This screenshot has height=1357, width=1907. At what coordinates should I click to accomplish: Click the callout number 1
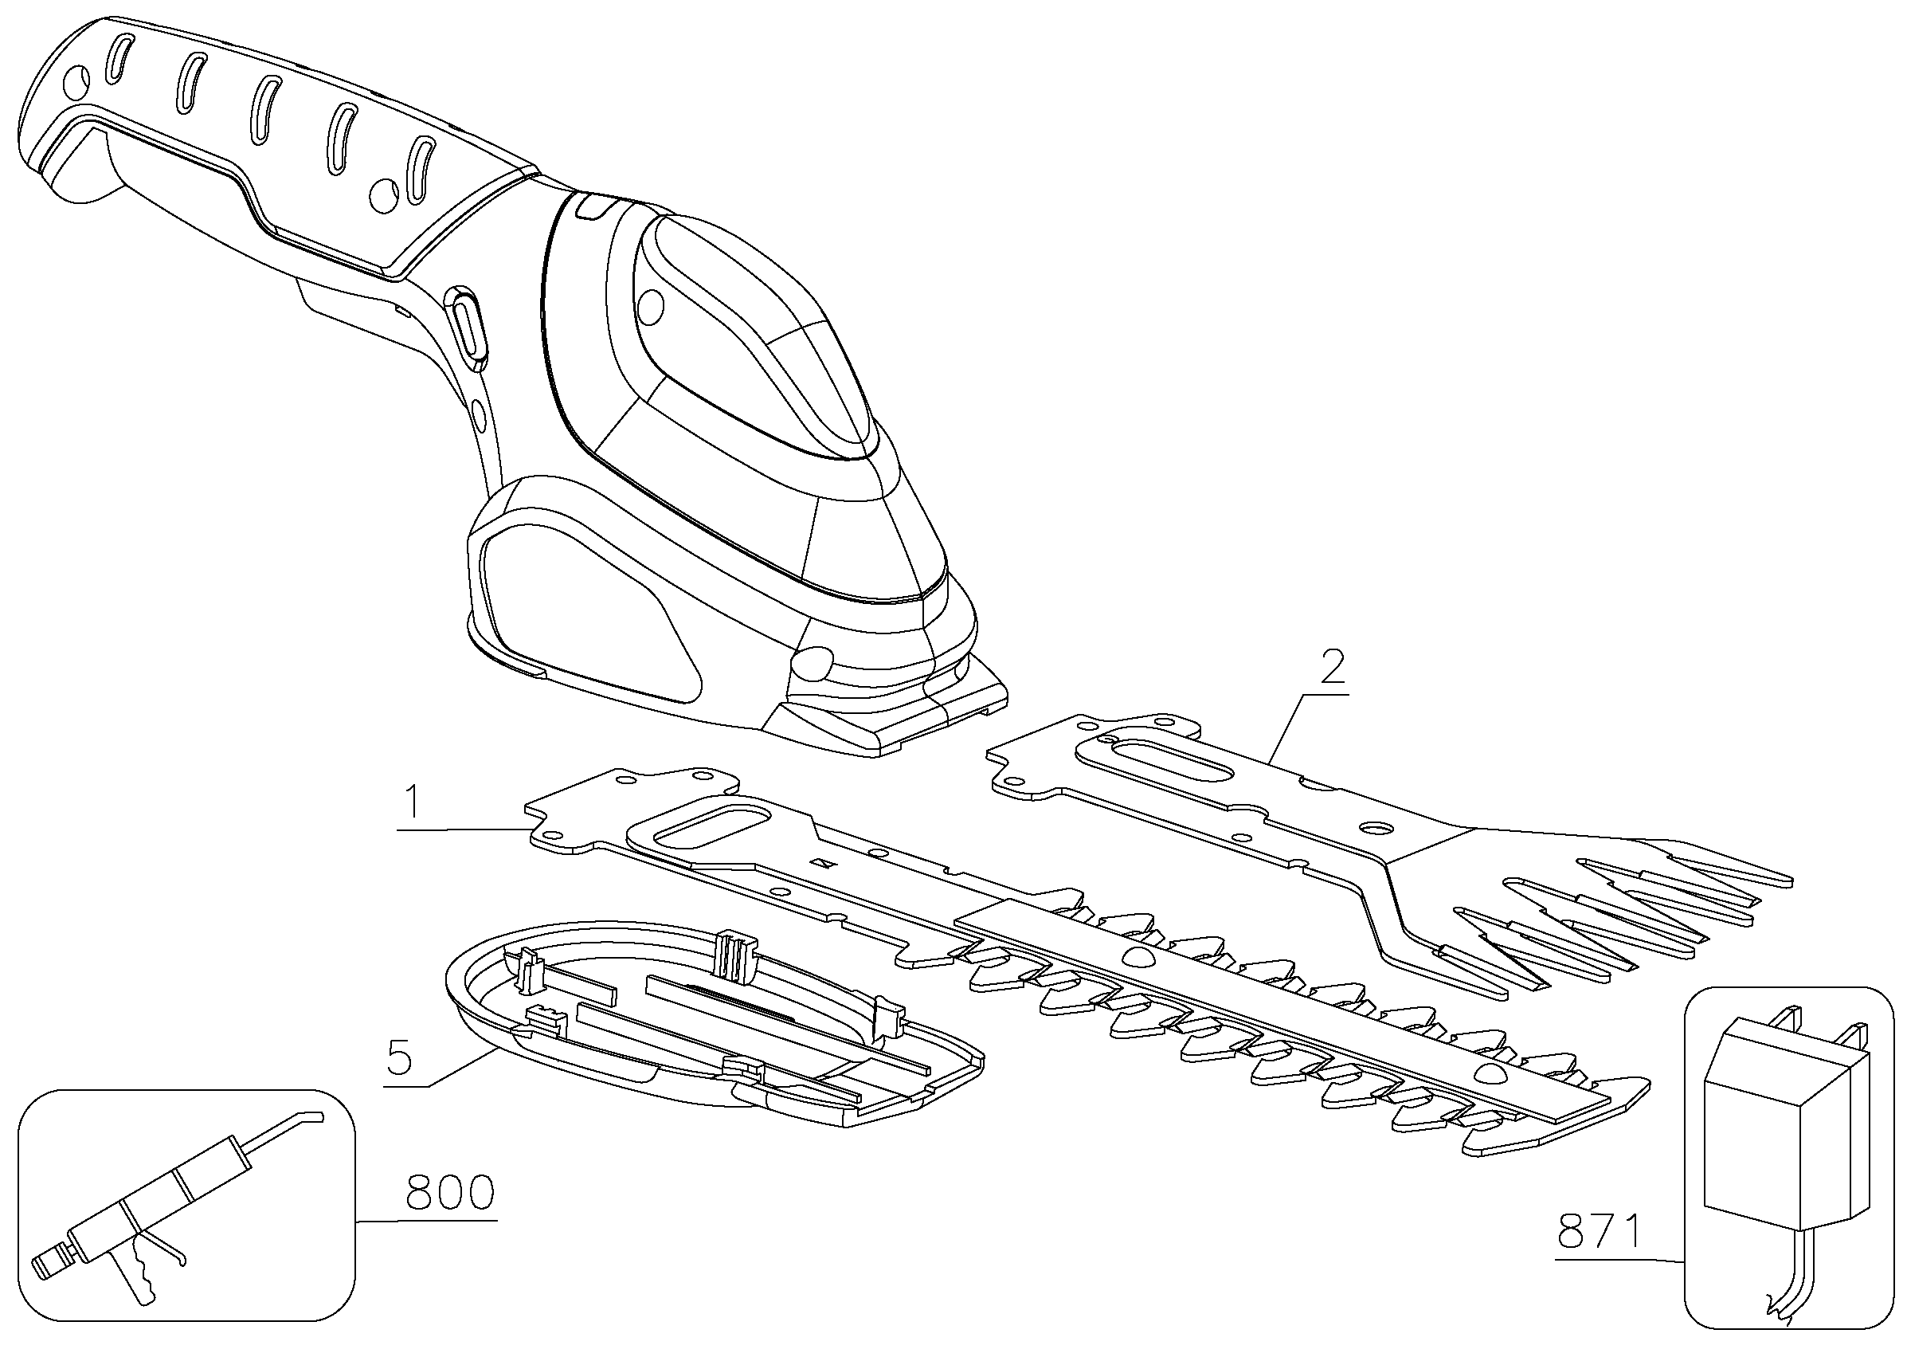410,805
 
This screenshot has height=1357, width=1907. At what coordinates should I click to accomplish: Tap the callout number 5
399,1059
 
